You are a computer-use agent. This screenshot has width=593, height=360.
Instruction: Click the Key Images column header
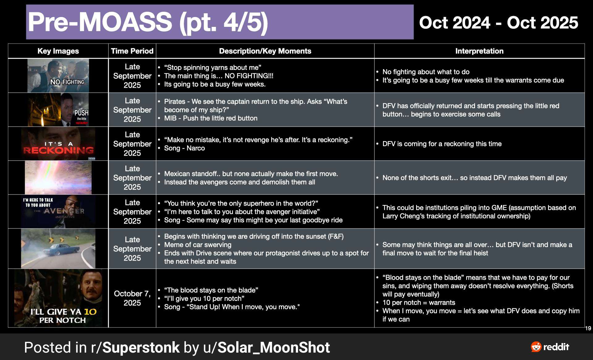pyautogui.click(x=58, y=51)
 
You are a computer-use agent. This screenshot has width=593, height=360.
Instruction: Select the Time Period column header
pyautogui.click(x=132, y=51)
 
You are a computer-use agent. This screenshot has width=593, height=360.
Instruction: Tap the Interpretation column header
pyautogui.click(x=479, y=51)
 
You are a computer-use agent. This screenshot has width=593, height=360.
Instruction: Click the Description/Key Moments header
pyautogui.click(x=265, y=51)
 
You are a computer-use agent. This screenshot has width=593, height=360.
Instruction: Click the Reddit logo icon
pyautogui.click(x=536, y=347)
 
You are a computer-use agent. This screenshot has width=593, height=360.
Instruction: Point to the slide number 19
pyautogui.click(x=588, y=329)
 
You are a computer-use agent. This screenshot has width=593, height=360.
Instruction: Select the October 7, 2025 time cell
pyautogui.click(x=132, y=298)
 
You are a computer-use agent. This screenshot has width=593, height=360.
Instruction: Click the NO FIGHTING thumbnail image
pyautogui.click(x=58, y=76)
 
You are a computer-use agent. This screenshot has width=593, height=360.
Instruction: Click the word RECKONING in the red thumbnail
pyautogui.click(x=58, y=150)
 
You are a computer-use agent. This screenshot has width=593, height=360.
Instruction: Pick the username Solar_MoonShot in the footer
pyautogui.click(x=274, y=348)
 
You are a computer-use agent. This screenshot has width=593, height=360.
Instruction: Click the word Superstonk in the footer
pyautogui.click(x=141, y=347)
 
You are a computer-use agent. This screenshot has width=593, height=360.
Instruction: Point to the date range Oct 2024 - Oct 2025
pyautogui.click(x=498, y=23)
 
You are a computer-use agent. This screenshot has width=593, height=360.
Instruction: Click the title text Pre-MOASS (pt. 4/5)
pyautogui.click(x=148, y=22)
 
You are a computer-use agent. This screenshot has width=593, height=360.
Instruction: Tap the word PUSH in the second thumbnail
pyautogui.click(x=82, y=113)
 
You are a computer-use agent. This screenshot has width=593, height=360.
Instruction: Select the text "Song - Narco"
pyautogui.click(x=184, y=148)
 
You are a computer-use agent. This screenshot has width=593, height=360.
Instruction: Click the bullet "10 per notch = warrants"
pyautogui.click(x=419, y=303)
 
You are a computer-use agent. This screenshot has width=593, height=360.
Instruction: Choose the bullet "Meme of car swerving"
pyautogui.click(x=198, y=245)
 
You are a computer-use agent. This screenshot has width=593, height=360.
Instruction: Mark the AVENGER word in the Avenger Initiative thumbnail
pyautogui.click(x=64, y=211)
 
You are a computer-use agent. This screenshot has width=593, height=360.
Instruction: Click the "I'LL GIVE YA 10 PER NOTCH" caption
pyautogui.click(x=63, y=316)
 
